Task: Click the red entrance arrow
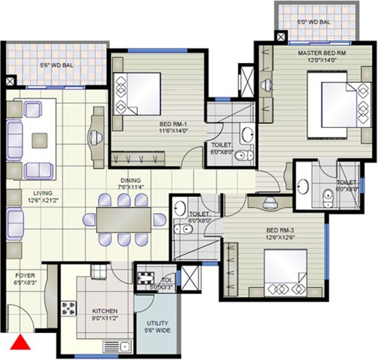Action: click(20, 343)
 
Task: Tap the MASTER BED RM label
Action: click(322, 53)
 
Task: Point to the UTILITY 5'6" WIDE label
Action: click(157, 327)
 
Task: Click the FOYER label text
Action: click(25, 275)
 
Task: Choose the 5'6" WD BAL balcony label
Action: click(57, 65)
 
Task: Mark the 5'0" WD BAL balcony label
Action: click(313, 22)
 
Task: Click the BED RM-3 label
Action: click(280, 230)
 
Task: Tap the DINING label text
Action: click(131, 181)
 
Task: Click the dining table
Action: click(123, 220)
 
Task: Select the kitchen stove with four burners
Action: click(68, 309)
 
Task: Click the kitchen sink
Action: click(118, 347)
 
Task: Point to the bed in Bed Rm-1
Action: click(137, 94)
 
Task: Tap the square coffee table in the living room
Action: click(40, 140)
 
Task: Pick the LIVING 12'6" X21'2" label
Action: click(43, 196)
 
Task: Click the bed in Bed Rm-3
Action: click(285, 273)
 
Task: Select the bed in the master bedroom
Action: click(339, 104)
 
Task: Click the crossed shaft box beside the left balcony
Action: click(10, 81)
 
